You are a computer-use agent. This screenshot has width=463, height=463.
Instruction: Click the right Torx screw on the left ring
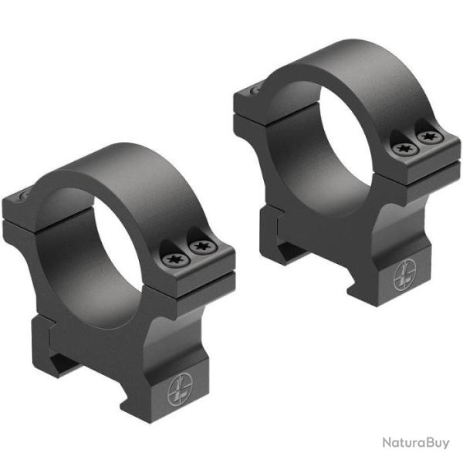coord(203,247)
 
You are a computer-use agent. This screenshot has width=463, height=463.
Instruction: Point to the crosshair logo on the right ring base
coord(402,277)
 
